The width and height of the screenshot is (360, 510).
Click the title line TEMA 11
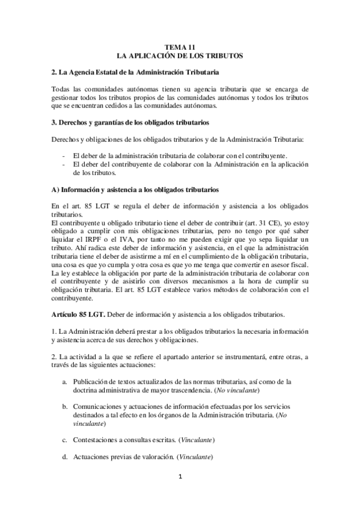[180, 46]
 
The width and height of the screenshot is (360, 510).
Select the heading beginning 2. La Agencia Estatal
[135, 73]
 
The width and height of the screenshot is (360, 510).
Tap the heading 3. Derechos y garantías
[130, 123]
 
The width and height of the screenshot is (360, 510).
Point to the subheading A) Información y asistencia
[135, 190]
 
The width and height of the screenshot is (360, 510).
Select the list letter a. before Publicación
[64, 381]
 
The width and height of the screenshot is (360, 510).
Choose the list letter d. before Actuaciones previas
[64, 458]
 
